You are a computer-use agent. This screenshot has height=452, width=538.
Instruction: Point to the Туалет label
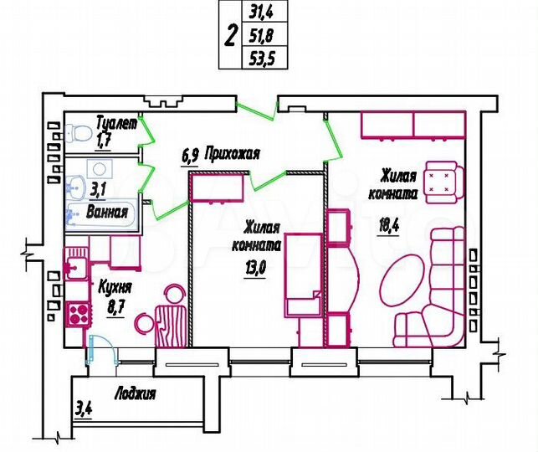pos(115,123)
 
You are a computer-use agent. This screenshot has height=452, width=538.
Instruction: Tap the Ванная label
pos(107,212)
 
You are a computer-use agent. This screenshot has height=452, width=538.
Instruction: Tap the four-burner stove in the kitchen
pos(78,315)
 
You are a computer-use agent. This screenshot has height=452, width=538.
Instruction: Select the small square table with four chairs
pos(441,182)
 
